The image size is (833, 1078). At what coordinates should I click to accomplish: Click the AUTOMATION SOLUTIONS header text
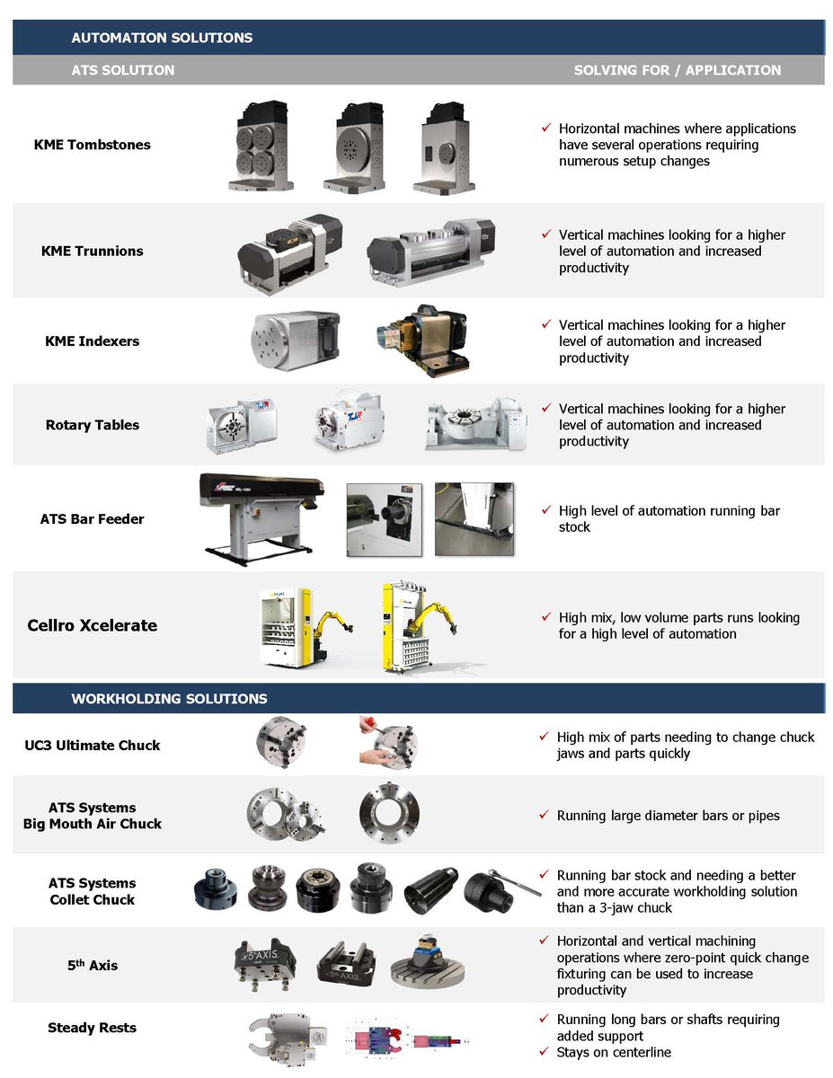[162, 38]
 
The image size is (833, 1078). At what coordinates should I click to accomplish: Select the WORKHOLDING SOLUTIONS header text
[169, 698]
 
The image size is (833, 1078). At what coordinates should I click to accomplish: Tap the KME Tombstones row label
[93, 145]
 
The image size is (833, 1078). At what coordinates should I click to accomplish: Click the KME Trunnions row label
[93, 251]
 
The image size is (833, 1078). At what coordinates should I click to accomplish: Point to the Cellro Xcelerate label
[93, 625]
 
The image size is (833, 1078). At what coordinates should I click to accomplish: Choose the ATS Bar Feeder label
[93, 518]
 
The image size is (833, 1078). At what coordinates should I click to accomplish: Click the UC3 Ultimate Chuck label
[93, 745]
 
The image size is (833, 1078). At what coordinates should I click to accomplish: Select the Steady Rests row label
[93, 1027]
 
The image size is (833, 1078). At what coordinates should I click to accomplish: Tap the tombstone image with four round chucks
[260, 148]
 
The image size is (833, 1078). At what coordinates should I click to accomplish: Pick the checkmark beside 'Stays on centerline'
[544, 1051]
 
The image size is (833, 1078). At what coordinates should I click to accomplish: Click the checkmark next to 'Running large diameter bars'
[544, 815]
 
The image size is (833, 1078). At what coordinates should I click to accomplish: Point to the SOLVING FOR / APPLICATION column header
[678, 70]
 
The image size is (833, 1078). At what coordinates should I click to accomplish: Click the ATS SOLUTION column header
[123, 70]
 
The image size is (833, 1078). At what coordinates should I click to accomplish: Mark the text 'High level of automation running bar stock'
[669, 518]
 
